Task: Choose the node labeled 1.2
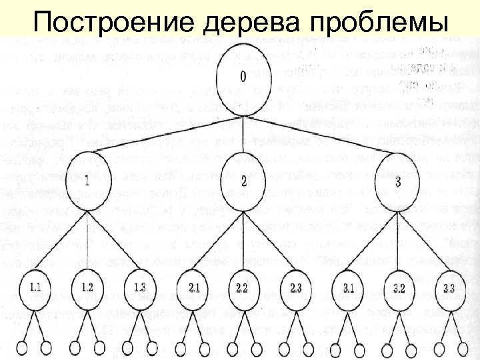click(87, 289)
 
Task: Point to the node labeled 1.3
click(139, 289)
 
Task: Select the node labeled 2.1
click(194, 289)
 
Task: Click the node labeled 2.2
click(243, 289)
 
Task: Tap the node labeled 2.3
click(295, 289)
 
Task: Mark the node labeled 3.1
click(348, 289)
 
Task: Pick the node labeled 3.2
click(399, 289)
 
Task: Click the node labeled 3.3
click(449, 289)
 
